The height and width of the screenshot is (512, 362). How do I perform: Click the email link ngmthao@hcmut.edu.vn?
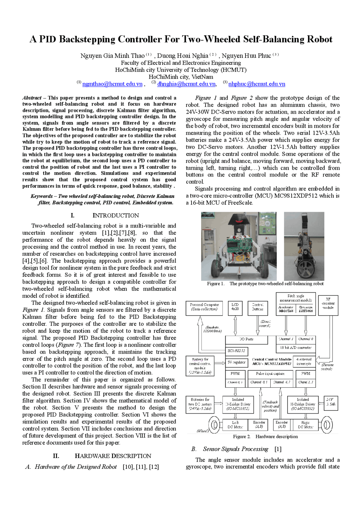(112, 84)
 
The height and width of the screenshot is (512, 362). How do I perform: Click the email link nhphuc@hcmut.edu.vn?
(257, 84)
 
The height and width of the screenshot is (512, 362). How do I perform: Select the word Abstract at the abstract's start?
(32, 98)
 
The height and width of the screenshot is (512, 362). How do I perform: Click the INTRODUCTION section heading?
(116, 215)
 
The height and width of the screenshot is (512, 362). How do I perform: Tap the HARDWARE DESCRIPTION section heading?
(113, 456)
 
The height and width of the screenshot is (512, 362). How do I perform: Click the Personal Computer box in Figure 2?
(204, 307)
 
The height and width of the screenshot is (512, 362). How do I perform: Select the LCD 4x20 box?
(235, 307)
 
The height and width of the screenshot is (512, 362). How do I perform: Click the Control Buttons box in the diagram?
(257, 307)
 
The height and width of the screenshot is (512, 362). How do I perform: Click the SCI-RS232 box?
(236, 351)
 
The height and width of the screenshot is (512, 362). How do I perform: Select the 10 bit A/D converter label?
(296, 347)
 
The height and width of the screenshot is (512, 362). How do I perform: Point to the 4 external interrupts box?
(304, 361)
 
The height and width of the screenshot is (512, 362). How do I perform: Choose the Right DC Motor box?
(305, 425)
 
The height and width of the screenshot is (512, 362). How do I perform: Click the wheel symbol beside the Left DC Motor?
(214, 425)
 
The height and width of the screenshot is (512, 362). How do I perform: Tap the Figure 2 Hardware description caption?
(265, 437)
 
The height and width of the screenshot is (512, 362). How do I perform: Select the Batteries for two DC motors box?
(200, 404)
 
